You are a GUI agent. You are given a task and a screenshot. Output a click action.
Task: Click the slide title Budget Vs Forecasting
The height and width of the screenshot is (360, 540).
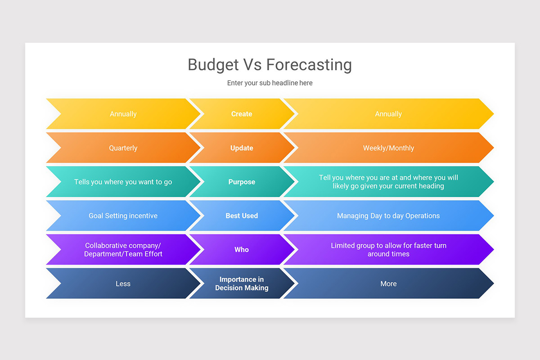(x=270, y=65)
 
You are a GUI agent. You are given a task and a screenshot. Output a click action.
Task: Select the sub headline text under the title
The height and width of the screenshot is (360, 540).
(x=270, y=83)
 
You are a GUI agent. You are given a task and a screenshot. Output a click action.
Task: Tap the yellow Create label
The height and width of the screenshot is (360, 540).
(x=242, y=114)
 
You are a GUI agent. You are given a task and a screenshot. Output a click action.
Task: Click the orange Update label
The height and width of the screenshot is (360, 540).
(x=242, y=148)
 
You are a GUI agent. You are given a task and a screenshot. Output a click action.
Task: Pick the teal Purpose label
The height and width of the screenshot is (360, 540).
(x=242, y=182)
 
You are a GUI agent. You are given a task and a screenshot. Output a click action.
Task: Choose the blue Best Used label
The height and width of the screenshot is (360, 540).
(x=242, y=216)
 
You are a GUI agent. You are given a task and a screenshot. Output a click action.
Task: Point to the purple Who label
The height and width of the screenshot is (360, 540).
(x=242, y=249)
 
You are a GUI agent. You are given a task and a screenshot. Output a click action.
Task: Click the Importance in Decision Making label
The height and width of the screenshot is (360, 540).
(x=242, y=283)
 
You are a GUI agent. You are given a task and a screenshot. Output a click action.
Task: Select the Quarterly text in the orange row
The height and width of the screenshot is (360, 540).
(x=123, y=148)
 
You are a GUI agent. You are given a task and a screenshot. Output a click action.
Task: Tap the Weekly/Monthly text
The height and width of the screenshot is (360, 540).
(x=388, y=148)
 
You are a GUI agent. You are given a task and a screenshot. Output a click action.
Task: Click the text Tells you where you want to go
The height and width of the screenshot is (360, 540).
(x=123, y=182)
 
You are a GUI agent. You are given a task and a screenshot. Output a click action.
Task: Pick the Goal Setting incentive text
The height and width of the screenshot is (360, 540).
(x=123, y=216)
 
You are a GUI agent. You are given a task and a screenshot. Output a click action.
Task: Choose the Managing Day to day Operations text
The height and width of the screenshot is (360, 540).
(x=388, y=216)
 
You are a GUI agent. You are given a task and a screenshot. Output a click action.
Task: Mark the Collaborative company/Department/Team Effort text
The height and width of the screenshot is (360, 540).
(x=123, y=250)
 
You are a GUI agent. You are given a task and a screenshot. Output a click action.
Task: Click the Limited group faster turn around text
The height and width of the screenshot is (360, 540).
(x=388, y=250)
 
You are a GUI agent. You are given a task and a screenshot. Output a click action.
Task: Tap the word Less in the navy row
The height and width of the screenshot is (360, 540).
(x=123, y=283)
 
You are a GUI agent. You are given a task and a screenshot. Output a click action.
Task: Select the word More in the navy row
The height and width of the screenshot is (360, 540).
(x=388, y=283)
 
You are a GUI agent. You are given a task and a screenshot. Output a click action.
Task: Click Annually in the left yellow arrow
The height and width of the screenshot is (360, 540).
(x=123, y=114)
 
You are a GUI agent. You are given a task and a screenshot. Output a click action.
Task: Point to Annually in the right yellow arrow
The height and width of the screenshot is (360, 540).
(x=388, y=114)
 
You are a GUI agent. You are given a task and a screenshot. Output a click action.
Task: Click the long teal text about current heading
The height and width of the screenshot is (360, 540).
(x=388, y=182)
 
